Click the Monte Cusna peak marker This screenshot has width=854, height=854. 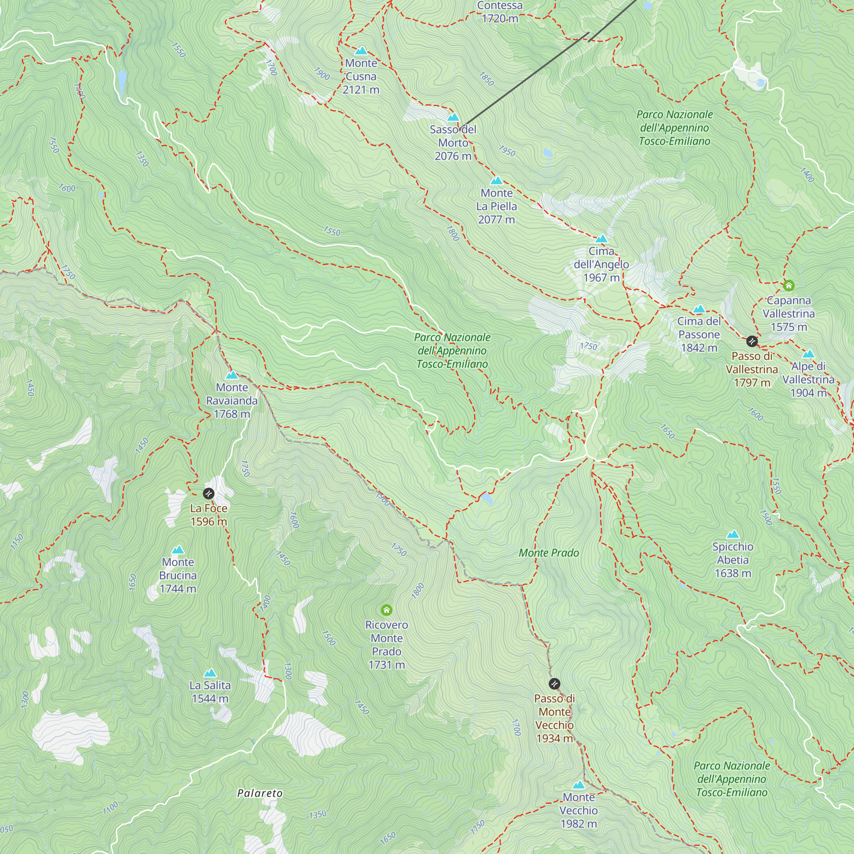361,50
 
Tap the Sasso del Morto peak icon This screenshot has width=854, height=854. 453,117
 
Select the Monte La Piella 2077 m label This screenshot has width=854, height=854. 497,206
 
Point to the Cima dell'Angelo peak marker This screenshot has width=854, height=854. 601,239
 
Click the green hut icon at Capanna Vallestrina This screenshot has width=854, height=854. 789,286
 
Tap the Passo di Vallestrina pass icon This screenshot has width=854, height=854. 752,341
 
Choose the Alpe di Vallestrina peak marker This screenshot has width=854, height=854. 808,354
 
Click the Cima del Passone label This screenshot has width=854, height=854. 699,334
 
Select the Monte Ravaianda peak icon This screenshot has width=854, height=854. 232,375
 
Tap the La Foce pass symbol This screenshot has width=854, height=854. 209,493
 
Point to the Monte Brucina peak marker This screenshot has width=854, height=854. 178,550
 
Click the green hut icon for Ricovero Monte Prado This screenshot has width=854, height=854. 386,611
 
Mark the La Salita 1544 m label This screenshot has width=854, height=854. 210,692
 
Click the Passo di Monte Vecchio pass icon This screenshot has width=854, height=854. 554,684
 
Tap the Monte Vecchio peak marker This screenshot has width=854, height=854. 579,785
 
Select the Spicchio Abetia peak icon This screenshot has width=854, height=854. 733,535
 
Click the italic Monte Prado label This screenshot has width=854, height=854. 549,553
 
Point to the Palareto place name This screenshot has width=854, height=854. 260,793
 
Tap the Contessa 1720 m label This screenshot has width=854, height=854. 500,12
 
